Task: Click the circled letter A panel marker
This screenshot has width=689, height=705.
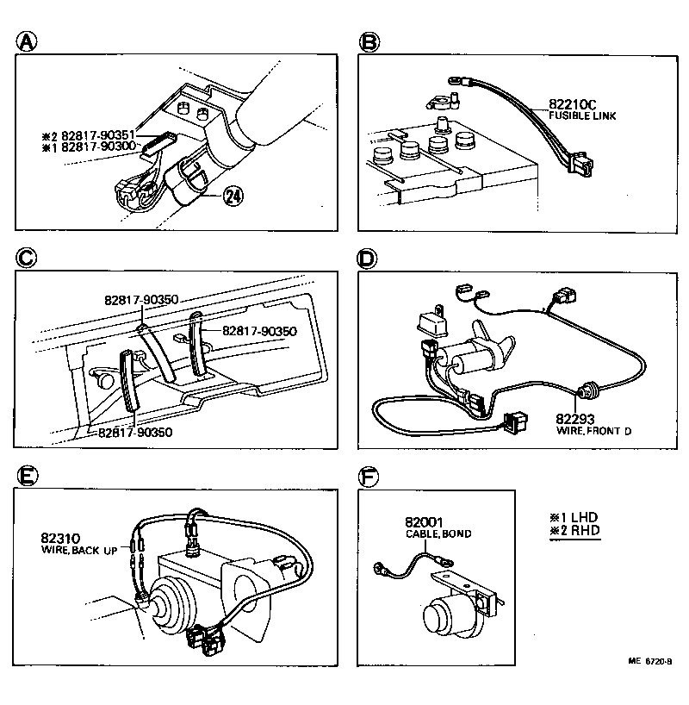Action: point(28,41)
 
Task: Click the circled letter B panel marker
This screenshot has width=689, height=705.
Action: point(369,41)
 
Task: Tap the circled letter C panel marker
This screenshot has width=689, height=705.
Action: point(28,258)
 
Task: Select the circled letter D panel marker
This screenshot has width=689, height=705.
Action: point(369,258)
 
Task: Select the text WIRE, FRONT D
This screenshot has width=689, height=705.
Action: point(593,430)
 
